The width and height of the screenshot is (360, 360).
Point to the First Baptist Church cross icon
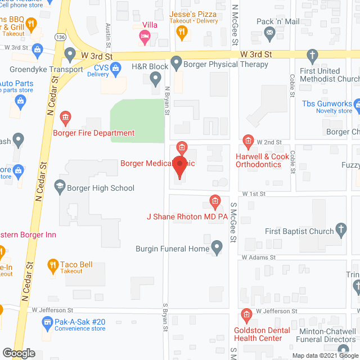point(341,229)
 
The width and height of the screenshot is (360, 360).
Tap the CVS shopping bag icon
point(116,69)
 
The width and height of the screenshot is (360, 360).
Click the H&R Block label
point(150,66)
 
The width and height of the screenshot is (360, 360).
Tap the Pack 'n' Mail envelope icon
point(270,34)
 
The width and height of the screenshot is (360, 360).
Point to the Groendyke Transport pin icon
point(70,55)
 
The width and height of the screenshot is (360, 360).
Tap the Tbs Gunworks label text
point(326,103)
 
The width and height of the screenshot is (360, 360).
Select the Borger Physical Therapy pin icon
point(176,63)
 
